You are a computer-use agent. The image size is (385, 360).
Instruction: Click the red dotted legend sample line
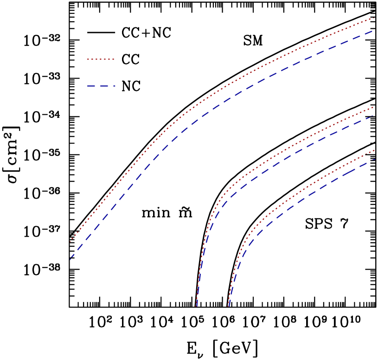pos(101,59)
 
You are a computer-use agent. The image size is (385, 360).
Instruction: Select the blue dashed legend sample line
pos(101,86)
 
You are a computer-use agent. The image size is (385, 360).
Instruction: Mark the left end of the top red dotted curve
pos(70,242)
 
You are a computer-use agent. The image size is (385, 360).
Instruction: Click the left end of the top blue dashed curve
pos(70,259)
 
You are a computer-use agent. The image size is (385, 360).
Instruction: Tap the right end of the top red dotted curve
pos(374,18)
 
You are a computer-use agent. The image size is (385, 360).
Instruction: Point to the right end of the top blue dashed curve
pos(374,31)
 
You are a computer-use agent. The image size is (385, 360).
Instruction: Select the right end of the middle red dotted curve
pos(374,107)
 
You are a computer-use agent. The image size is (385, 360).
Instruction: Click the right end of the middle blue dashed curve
pos(374,115)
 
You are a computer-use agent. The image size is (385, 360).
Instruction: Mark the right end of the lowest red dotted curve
pos(374,150)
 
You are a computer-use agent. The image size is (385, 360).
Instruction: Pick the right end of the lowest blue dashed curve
pos(374,159)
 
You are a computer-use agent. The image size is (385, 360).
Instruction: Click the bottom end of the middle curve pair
pos(196,306)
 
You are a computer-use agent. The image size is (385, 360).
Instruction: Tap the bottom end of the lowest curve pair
pos(228,306)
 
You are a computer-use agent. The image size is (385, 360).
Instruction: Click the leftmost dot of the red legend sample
pos(88,59)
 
